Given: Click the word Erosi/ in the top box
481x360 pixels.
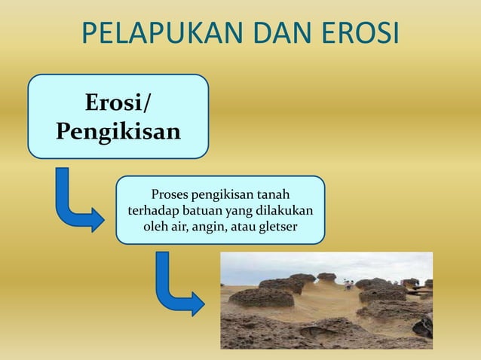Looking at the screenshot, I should coord(118,102).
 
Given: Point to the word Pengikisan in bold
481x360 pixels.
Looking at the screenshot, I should coord(118,132).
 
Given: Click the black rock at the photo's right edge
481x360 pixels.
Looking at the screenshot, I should coord(424,325).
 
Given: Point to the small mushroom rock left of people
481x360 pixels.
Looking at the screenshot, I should coord(326,277).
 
